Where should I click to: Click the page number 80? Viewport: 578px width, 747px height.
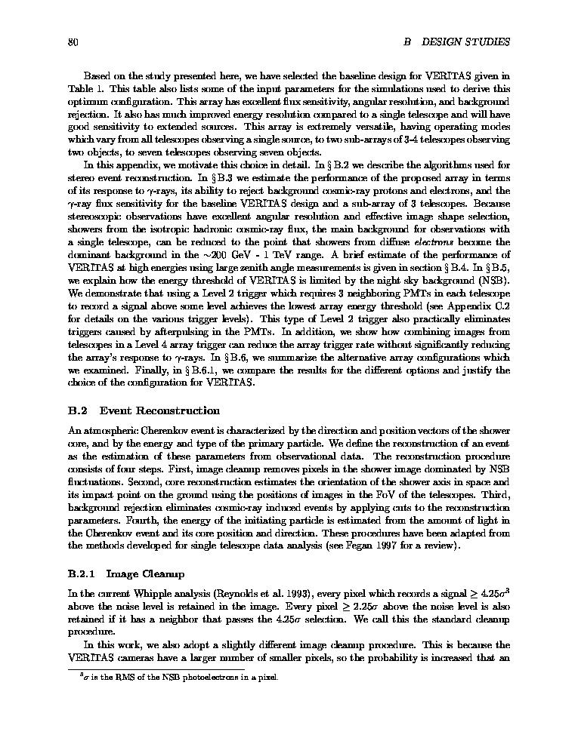click(73, 41)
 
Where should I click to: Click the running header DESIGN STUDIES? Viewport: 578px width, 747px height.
click(465, 41)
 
